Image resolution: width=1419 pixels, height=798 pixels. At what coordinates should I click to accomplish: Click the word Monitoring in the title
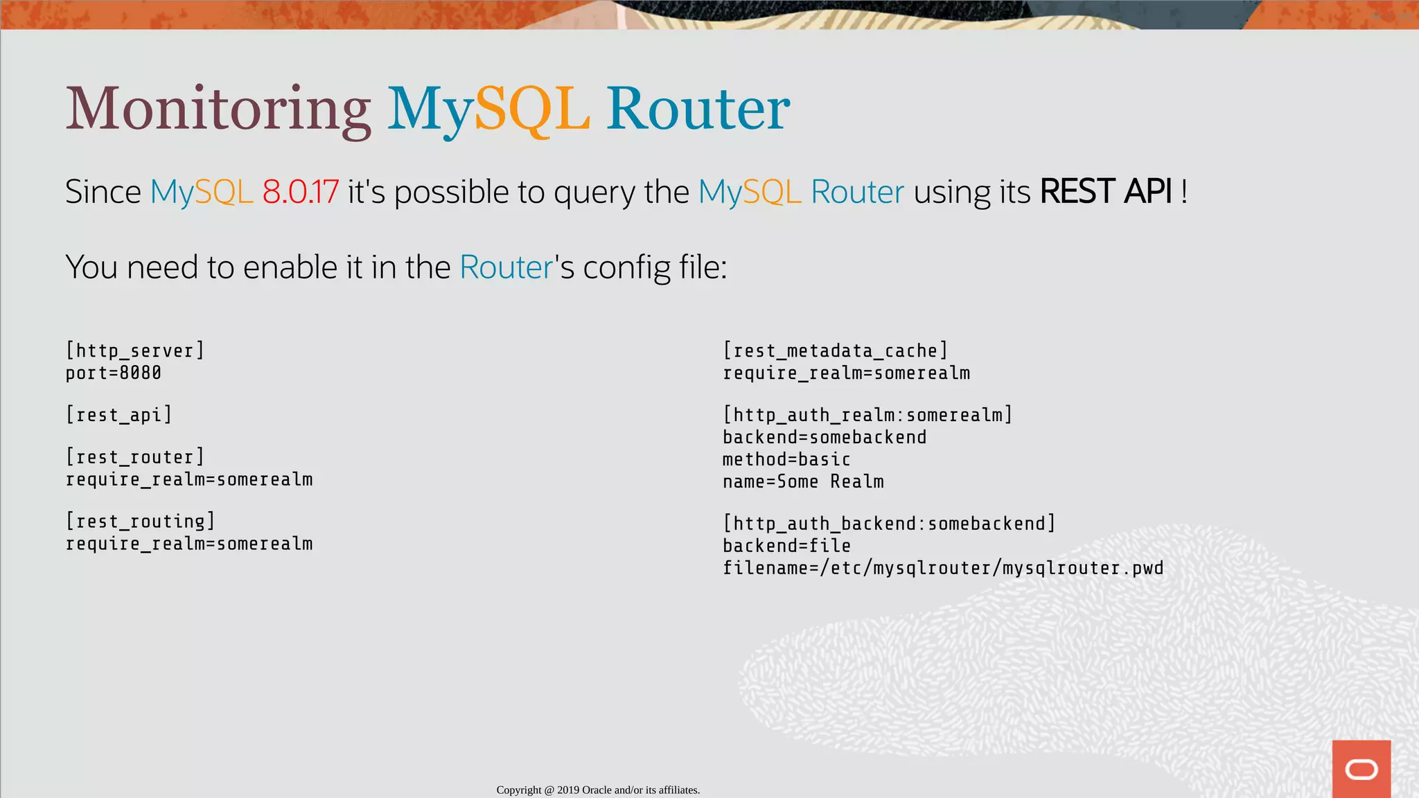click(218, 109)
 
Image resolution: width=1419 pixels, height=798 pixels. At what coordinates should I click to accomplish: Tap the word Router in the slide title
click(698, 109)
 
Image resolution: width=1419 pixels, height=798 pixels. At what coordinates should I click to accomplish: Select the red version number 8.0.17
click(301, 192)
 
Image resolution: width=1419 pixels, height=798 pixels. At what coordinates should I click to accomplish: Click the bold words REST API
click(1106, 192)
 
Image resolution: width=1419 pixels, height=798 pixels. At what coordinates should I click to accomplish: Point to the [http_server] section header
click(135, 351)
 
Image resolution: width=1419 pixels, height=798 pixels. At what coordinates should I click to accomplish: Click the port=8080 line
click(114, 373)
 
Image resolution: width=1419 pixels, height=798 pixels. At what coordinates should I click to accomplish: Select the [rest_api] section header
click(118, 415)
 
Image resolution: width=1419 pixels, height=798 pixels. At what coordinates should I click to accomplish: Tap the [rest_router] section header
click(135, 457)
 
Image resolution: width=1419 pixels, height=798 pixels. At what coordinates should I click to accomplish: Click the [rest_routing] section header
click(141, 521)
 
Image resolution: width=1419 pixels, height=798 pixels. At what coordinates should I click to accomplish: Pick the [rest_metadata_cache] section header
click(835, 351)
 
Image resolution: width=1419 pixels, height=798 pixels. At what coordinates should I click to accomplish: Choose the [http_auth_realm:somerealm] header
click(867, 415)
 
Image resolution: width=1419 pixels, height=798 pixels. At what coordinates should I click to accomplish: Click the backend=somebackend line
click(825, 438)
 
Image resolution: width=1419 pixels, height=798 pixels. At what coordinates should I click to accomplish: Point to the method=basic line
click(786, 460)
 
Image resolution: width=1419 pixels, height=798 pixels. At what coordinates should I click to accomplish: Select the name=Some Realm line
click(803, 482)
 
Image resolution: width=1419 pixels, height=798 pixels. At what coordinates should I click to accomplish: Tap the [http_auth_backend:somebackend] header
click(889, 524)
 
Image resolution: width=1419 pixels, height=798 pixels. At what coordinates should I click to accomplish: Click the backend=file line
click(786, 546)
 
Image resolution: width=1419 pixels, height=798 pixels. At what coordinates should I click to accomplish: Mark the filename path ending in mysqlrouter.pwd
click(943, 569)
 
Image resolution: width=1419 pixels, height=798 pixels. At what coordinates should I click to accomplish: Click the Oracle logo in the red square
click(1361, 769)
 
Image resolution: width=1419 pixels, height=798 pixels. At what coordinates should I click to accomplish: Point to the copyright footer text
click(598, 790)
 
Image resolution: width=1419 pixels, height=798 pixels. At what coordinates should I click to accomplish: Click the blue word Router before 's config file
click(506, 267)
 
